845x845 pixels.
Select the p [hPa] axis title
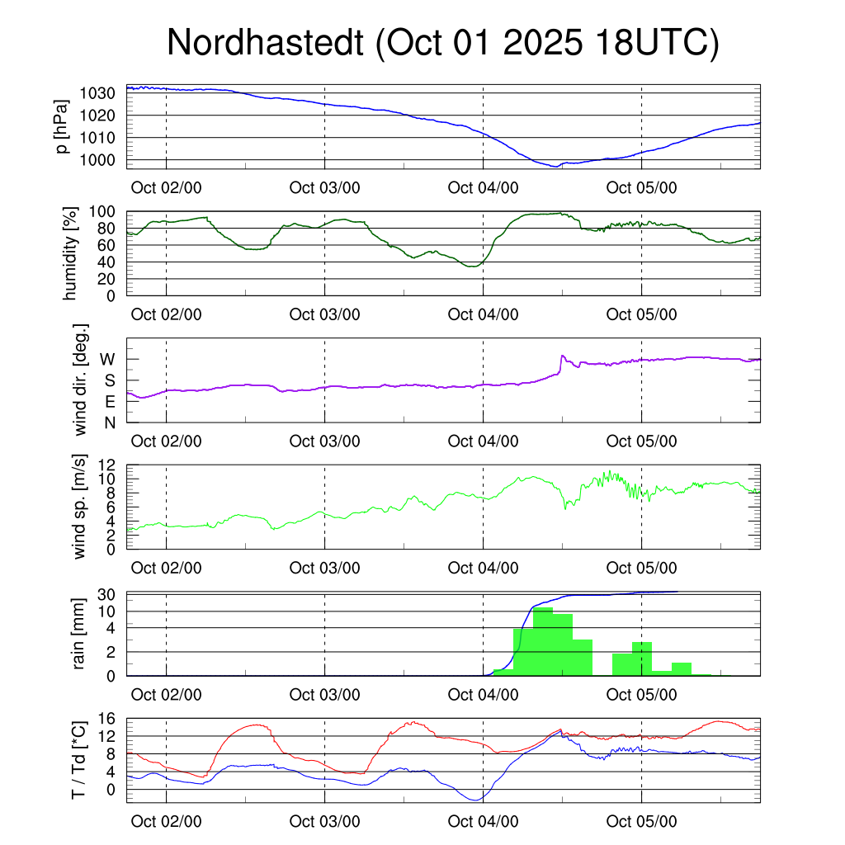(63, 126)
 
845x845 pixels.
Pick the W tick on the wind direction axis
(108, 359)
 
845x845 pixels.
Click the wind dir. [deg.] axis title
(81, 380)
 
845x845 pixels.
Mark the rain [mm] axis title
(81, 634)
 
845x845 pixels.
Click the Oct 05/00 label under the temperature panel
(641, 822)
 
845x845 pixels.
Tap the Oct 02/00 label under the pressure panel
(166, 187)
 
